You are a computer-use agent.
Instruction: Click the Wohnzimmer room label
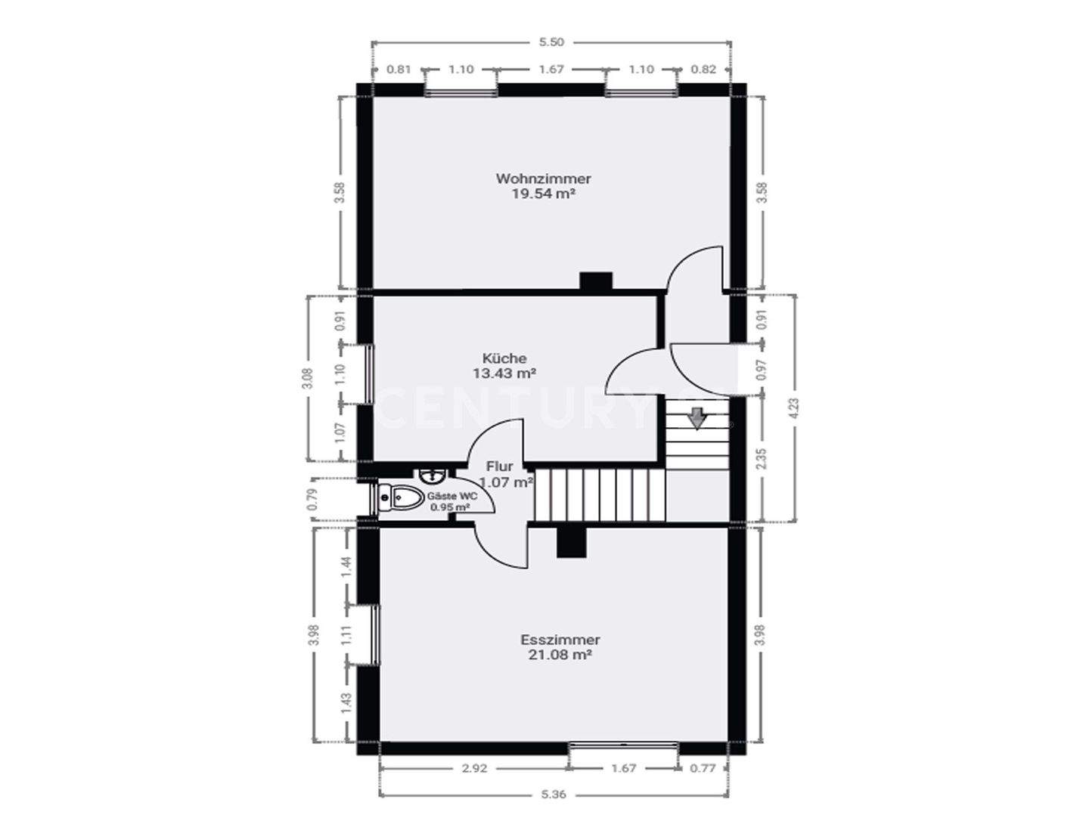coord(543,179)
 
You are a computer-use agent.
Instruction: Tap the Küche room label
coord(504,358)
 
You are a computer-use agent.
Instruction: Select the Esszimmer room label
coord(560,640)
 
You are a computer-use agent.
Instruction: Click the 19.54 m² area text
coord(543,194)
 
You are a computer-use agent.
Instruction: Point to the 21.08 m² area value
coord(560,655)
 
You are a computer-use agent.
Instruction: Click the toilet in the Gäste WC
coord(402,497)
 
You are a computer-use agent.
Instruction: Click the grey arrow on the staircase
coord(696,417)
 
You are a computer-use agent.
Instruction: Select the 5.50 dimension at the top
coord(551,43)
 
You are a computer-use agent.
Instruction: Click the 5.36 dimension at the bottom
coord(554,795)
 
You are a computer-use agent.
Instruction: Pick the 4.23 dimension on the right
coord(793,408)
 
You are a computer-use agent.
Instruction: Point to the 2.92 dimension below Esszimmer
coord(474,769)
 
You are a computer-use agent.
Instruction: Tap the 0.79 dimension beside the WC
coord(312,500)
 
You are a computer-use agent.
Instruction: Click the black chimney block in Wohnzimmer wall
coord(596,280)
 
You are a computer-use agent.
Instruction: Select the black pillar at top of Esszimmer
coord(572,542)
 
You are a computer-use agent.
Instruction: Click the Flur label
coord(500,467)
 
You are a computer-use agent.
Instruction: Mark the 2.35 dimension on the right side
coord(762,460)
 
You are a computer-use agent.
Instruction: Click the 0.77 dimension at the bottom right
coord(703,769)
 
